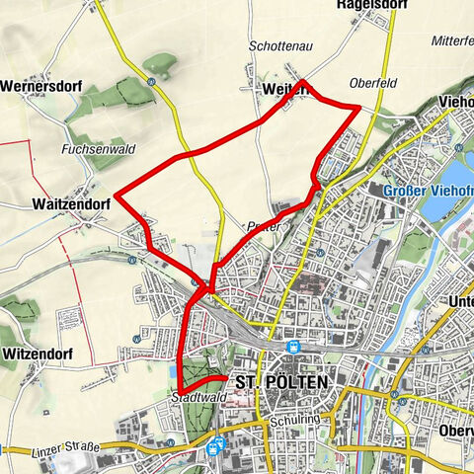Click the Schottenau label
pyautogui.click(x=279, y=46)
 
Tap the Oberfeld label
pyautogui.click(x=372, y=84)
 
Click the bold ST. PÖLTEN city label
pyautogui.click(x=283, y=382)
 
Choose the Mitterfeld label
pyautogui.click(x=452, y=41)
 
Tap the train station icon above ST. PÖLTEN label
pyautogui.click(x=293, y=347)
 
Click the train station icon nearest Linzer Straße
pyautogui.click(x=213, y=446)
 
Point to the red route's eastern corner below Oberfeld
pyautogui.click(x=358, y=104)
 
